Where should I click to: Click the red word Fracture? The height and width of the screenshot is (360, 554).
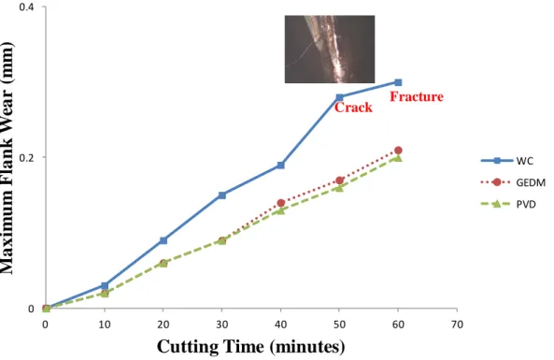point(417,96)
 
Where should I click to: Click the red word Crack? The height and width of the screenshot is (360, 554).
point(353,108)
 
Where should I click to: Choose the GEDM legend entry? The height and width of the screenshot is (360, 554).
point(513,182)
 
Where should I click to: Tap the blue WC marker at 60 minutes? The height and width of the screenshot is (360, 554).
point(398,82)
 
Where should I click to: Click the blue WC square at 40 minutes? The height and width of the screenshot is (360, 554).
point(281,166)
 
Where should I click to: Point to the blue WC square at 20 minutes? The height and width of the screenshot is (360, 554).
point(163,240)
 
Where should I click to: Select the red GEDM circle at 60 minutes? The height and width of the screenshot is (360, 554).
point(398,151)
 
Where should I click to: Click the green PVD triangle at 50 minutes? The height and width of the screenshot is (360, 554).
point(339,188)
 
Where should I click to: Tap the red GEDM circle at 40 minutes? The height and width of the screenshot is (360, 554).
point(281,203)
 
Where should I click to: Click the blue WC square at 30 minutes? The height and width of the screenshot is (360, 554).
point(222,195)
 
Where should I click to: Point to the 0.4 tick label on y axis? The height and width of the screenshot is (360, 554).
point(26,7)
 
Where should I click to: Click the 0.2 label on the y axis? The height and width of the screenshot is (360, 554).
point(26,158)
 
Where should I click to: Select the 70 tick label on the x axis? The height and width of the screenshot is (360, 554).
point(457,324)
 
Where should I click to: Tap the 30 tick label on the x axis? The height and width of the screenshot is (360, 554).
point(222,324)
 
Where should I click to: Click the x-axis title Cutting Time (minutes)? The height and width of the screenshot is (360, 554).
point(251,347)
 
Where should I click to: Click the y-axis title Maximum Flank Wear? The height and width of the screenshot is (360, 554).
point(7,158)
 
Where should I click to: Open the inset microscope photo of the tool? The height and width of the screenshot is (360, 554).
point(330,50)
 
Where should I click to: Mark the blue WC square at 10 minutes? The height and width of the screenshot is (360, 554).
point(105,286)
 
